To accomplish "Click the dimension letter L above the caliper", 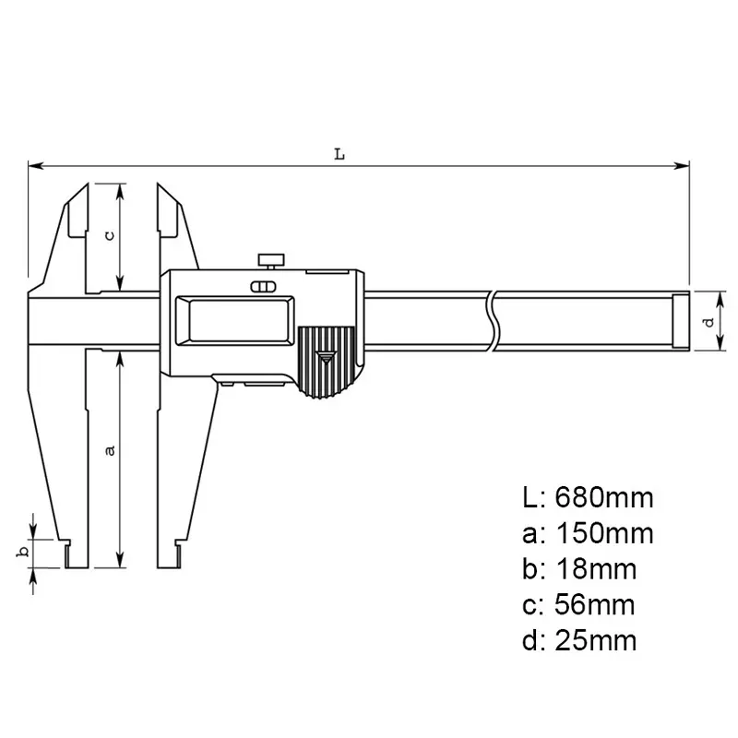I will (x=339, y=154).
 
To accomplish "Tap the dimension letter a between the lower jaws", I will (x=110, y=449).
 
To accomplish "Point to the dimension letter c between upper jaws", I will (x=110, y=234).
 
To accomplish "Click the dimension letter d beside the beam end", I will (x=708, y=321).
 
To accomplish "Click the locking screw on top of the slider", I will (x=271, y=257).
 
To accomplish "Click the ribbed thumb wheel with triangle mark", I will (x=326, y=363).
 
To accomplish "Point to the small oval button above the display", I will (x=264, y=286).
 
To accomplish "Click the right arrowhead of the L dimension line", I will (x=684, y=166).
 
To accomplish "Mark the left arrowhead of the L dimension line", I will (x=34, y=166).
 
